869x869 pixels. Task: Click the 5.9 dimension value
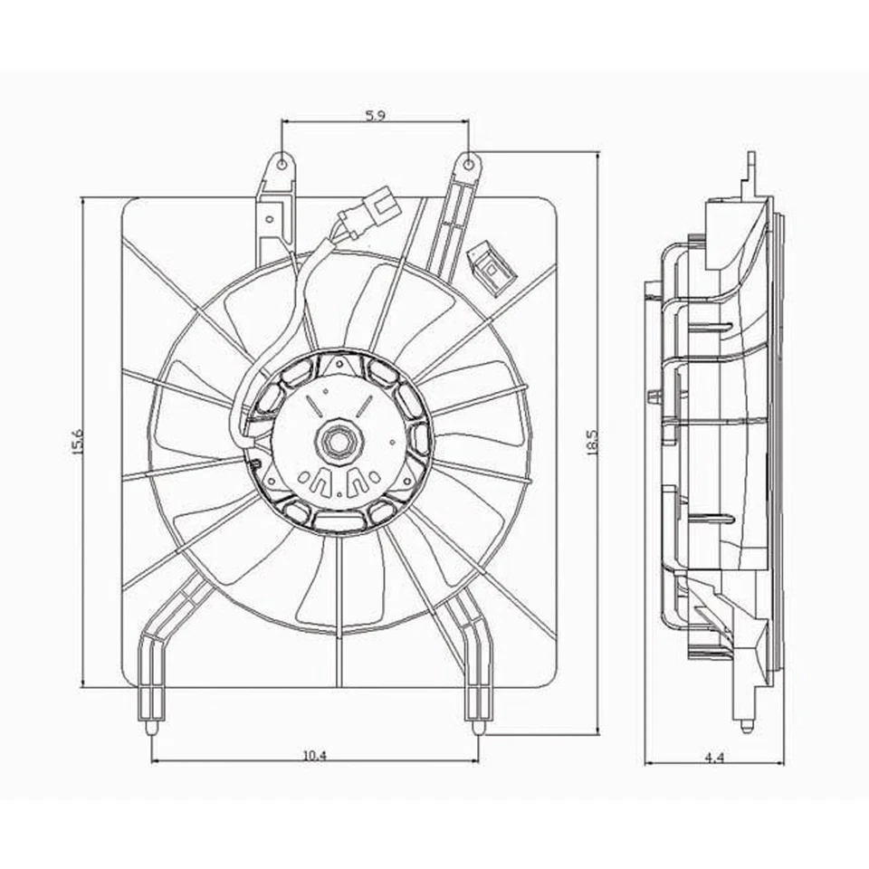click(376, 115)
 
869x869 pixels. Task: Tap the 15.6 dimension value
click(77, 442)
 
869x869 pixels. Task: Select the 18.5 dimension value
click(592, 443)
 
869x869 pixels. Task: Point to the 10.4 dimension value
click(315, 754)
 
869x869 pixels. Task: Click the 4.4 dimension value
click(715, 758)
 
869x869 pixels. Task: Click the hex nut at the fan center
click(339, 442)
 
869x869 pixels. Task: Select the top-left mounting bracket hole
click(282, 165)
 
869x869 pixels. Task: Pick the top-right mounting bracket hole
click(468, 164)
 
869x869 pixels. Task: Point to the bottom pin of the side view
click(746, 724)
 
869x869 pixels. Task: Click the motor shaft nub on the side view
click(654, 396)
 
